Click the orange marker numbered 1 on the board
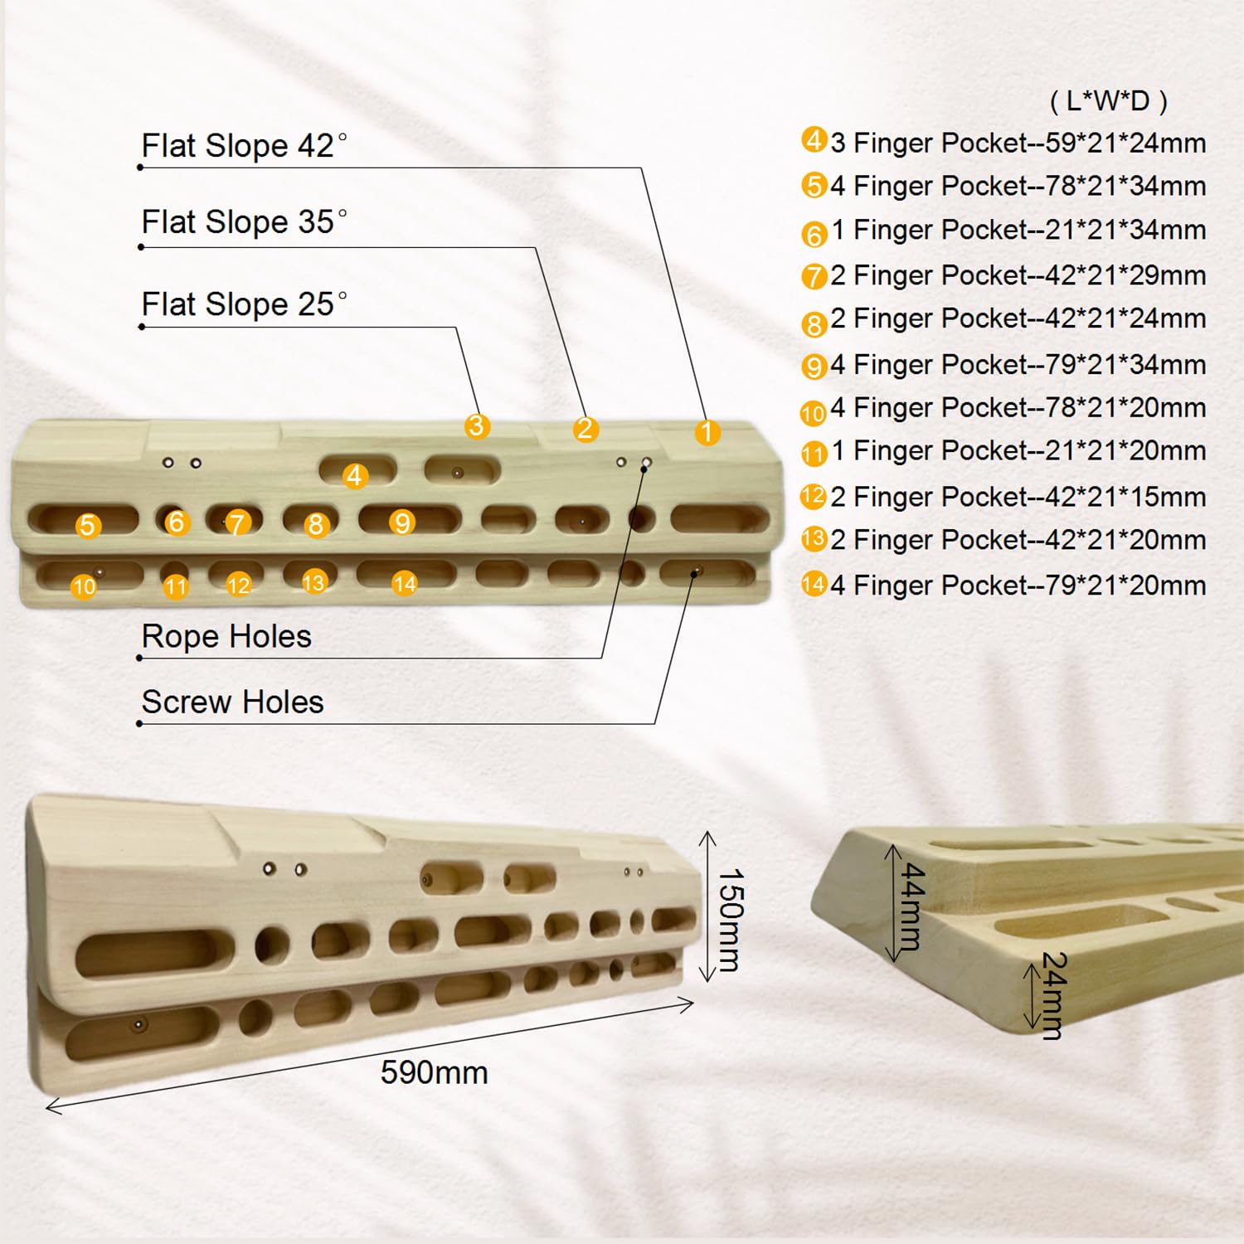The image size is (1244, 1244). tap(707, 431)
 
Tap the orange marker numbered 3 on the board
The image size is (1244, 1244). tap(476, 426)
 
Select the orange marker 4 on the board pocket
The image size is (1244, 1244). tap(355, 475)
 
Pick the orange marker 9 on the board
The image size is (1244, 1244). tap(402, 522)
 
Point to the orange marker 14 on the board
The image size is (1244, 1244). tap(404, 584)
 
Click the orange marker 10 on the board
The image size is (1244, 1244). tap(84, 586)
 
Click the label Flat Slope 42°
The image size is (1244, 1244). tap(244, 146)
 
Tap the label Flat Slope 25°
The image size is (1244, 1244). tap(244, 304)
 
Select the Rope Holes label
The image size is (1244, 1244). tap(226, 636)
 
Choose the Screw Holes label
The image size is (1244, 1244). tap(232, 702)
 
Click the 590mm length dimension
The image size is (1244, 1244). tap(434, 1072)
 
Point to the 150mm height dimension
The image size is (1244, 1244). tap(730, 920)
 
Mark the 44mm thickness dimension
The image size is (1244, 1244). tap(911, 906)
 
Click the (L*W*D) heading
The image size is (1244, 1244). tap(1109, 101)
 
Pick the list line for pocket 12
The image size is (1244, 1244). tap(1003, 497)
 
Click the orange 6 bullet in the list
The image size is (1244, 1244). tap(814, 234)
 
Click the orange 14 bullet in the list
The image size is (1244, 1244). tap(814, 585)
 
